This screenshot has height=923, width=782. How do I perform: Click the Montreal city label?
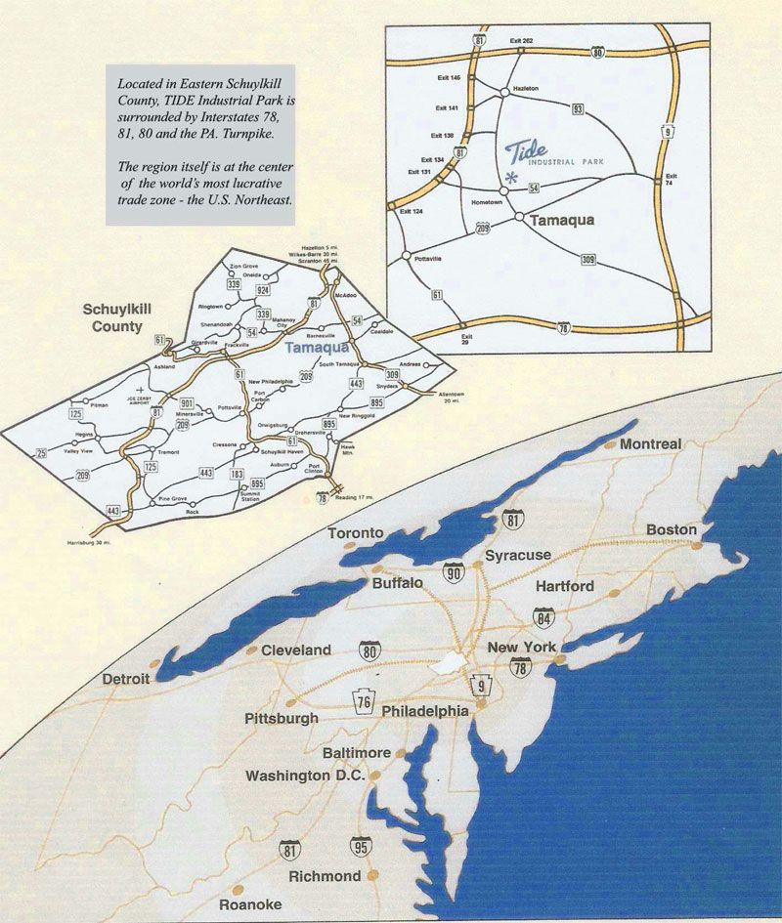tap(649, 444)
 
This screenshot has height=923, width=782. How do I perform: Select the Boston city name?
tap(672, 530)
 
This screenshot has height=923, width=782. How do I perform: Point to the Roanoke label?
tap(251, 903)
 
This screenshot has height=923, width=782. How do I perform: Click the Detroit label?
tap(128, 678)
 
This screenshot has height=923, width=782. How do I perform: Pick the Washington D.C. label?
tap(305, 776)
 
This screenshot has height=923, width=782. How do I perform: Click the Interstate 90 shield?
tap(452, 573)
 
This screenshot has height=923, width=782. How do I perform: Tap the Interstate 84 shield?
tap(544, 616)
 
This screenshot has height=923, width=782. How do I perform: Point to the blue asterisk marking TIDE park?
tap(512, 177)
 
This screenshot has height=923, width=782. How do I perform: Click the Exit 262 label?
tap(521, 41)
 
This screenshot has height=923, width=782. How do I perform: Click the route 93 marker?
tap(579, 108)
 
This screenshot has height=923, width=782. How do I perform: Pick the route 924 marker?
tap(263, 291)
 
